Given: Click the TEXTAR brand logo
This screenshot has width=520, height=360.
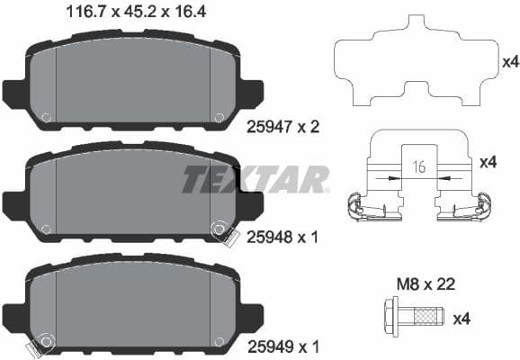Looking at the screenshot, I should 256,179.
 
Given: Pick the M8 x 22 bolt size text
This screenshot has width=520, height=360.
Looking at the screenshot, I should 427,284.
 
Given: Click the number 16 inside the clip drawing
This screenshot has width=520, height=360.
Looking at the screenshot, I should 417,167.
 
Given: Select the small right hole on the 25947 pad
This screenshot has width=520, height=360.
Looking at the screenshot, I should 219,116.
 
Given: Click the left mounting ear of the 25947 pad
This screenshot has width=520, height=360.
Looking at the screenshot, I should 14,92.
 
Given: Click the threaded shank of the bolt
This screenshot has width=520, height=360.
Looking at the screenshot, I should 427,319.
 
